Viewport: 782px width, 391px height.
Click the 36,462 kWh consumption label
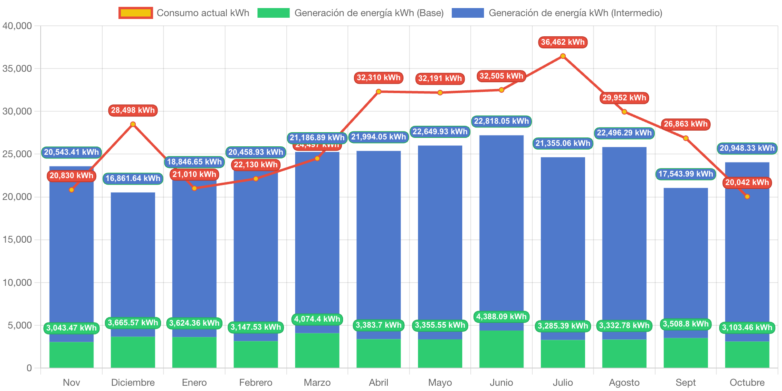[x=563, y=42]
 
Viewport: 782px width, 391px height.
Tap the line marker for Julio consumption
[x=563, y=56]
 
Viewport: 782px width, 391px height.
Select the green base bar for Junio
[x=501, y=349]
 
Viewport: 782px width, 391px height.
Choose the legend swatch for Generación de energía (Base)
[x=273, y=13]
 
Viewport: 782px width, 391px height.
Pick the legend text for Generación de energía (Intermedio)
[x=575, y=13]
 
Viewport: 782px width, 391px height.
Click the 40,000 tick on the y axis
[x=17, y=26]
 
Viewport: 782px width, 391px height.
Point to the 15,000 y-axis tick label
[x=17, y=239]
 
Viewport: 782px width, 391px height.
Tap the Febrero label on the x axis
[x=256, y=382]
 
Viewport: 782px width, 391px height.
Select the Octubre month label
[x=747, y=382]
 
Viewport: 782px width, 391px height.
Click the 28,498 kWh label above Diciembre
[x=133, y=110]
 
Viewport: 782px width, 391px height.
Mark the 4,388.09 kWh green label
[x=501, y=316]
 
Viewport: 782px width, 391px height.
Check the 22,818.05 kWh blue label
[x=501, y=121]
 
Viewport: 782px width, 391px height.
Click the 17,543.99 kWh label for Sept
[x=685, y=174]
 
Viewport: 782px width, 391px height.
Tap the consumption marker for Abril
[x=379, y=92]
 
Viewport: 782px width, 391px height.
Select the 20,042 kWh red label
[x=747, y=182]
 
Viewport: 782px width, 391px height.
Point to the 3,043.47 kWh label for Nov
[x=71, y=328]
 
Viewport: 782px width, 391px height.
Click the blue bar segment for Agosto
[x=624, y=242]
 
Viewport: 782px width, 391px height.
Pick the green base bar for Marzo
[x=317, y=351]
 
